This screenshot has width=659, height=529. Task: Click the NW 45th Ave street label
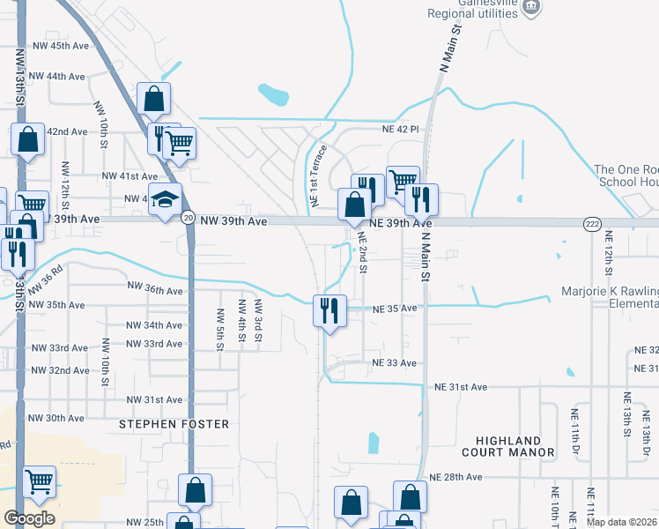[60, 45]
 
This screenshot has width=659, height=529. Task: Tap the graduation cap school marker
[165, 201]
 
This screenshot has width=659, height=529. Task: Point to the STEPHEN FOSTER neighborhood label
[174, 424]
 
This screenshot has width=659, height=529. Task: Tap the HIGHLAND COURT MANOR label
[515, 446]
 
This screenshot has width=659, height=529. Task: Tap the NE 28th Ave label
[455, 477]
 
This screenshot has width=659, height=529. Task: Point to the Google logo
[29, 518]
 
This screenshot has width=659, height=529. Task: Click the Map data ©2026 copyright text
[621, 522]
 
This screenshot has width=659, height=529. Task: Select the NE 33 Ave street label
[394, 362]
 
